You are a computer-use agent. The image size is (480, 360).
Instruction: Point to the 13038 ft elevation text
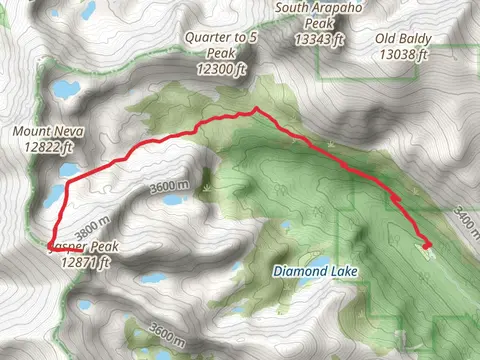[x=405, y=54]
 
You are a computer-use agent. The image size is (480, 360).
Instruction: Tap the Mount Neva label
[x=43, y=131]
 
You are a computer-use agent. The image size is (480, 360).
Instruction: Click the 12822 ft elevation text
[x=43, y=147]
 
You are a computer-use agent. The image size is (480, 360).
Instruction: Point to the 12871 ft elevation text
[x=84, y=262]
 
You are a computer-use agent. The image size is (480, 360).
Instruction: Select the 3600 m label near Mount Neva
[x=167, y=186]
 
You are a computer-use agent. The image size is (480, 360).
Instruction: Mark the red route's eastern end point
[x=428, y=245]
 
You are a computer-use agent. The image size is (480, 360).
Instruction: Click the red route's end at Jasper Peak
[x=49, y=243]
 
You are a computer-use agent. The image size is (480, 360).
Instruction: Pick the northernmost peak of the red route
[x=256, y=109]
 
